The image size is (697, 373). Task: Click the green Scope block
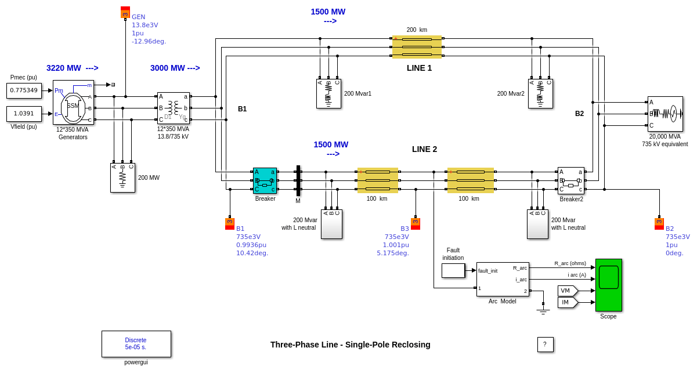pyautogui.click(x=608, y=285)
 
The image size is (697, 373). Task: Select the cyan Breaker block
pyautogui.click(x=265, y=180)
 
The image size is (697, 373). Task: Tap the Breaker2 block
pyautogui.click(x=570, y=180)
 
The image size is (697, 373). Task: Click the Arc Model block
pyautogui.click(x=503, y=279)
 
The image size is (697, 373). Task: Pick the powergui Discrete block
pyautogui.click(x=136, y=343)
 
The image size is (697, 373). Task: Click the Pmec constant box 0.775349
pyautogui.click(x=24, y=90)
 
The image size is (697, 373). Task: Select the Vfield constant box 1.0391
pyautogui.click(x=24, y=114)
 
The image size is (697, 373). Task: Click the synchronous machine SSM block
pyautogui.click(x=73, y=102)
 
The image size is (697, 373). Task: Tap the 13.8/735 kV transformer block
pyautogui.click(x=173, y=108)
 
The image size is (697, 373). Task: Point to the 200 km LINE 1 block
pyautogui.click(x=417, y=47)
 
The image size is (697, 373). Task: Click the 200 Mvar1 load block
pyautogui.click(x=328, y=93)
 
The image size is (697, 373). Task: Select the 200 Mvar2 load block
pyautogui.click(x=540, y=93)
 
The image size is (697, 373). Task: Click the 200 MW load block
pyautogui.click(x=122, y=178)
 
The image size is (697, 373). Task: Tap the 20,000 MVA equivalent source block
pyautogui.click(x=665, y=114)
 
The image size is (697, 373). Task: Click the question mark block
pyautogui.click(x=545, y=345)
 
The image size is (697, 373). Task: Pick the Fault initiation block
pyautogui.click(x=453, y=270)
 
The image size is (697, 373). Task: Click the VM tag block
pyautogui.click(x=567, y=291)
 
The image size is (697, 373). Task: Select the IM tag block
pyautogui.click(x=567, y=302)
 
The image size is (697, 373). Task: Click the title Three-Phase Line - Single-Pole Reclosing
pyautogui.click(x=350, y=345)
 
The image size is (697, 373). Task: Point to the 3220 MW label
pyautogui.click(x=72, y=68)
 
